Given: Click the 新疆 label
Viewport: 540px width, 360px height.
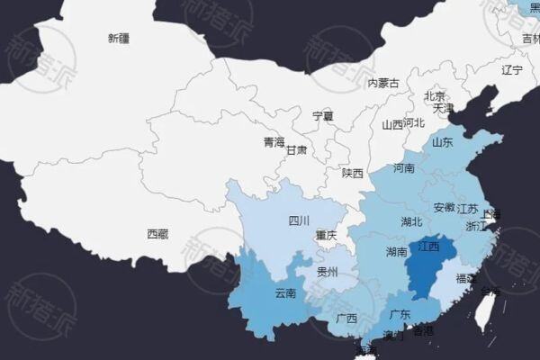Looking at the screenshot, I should point(118,38).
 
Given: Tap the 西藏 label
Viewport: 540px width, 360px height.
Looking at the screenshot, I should point(157,234).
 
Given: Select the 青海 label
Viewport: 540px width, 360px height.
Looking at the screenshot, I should point(274,142).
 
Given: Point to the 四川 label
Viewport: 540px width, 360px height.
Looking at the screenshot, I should point(299,220).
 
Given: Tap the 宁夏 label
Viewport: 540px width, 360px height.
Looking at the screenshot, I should point(322,116).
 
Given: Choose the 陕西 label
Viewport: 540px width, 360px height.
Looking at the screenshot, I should point(352,173).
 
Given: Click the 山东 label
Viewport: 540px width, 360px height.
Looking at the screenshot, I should point(442,142).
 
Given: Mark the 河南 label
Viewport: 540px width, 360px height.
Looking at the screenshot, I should point(404,168).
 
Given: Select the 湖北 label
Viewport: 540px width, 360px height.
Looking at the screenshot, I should point(412,221).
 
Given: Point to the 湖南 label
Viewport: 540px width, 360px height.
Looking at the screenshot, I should point(397,251).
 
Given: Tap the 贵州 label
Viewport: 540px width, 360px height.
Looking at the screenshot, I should point(327,271).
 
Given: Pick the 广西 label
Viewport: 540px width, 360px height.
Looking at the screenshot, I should point(346,319).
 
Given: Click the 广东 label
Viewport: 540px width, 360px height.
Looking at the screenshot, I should point(400,315).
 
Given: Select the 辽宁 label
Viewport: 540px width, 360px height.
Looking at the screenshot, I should point(512,69).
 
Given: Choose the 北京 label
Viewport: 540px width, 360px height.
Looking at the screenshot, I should point(435,95).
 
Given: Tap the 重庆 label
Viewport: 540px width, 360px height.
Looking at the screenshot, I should point(326,236).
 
